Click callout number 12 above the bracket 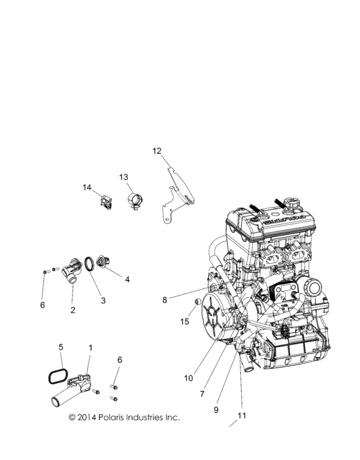coord(157,151)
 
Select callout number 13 coord(123,177)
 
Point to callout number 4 coord(127,279)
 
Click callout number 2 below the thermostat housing coord(73,310)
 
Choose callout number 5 coord(61,347)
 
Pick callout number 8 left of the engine coord(165,299)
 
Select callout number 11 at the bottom coord(242,416)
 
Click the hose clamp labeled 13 coord(136,202)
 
